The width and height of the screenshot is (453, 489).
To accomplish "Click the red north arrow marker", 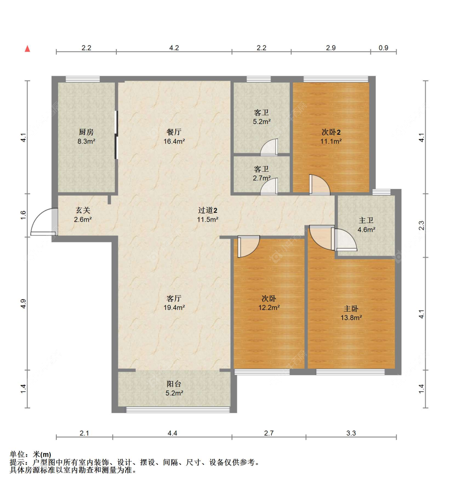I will pyautogui.click(x=27, y=49).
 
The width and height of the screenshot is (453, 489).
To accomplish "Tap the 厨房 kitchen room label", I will pyautogui.click(x=86, y=132).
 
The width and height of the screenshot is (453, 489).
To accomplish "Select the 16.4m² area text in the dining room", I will pyautogui.click(x=174, y=141).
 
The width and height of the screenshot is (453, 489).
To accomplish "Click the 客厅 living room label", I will pyautogui.click(x=174, y=298).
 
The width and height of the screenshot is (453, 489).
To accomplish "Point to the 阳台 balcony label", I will pyautogui.click(x=174, y=384).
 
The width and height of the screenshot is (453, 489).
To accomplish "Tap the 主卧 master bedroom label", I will pyautogui.click(x=351, y=308).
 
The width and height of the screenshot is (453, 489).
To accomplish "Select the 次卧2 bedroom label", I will pyautogui.click(x=331, y=132).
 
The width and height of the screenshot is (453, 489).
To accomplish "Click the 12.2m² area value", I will pyautogui.click(x=269, y=308).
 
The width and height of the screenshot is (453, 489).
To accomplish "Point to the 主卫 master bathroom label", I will pyautogui.click(x=366, y=220).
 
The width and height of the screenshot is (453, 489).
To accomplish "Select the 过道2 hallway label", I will pyautogui.click(x=207, y=210).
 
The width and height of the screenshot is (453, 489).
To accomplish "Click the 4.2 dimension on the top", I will pyautogui.click(x=174, y=48).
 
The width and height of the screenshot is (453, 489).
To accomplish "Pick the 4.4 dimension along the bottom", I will pyautogui.click(x=172, y=433).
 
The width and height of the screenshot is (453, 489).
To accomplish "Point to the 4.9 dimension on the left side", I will pyautogui.click(x=23, y=304).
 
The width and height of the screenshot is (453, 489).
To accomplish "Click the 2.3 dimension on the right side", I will pyautogui.click(x=421, y=225).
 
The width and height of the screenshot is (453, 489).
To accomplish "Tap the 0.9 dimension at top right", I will pyautogui.click(x=383, y=48).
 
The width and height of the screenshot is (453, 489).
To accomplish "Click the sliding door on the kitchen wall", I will pyautogui.click(x=116, y=135).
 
